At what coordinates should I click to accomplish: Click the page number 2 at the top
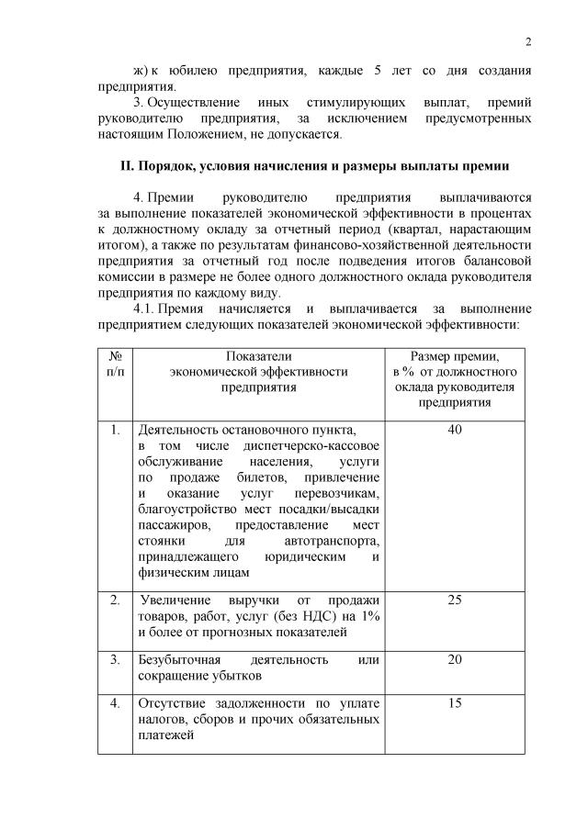pos(529,40)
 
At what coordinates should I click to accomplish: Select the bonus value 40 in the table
pos(454,430)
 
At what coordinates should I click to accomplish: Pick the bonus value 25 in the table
pos(454,600)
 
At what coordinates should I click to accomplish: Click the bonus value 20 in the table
pos(454,660)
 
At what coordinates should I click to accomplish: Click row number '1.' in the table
pos(116,430)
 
